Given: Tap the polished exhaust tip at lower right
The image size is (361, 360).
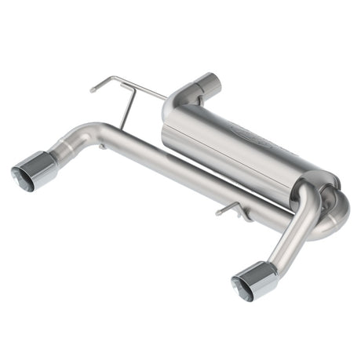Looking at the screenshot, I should pyautogui.click(x=257, y=281).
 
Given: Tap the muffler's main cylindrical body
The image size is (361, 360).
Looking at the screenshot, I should pyautogui.click(x=235, y=145).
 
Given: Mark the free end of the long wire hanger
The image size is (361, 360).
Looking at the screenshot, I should pyautogui.click(x=93, y=89).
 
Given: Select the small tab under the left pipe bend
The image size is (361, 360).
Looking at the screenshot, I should pyautogui.click(x=103, y=146).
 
